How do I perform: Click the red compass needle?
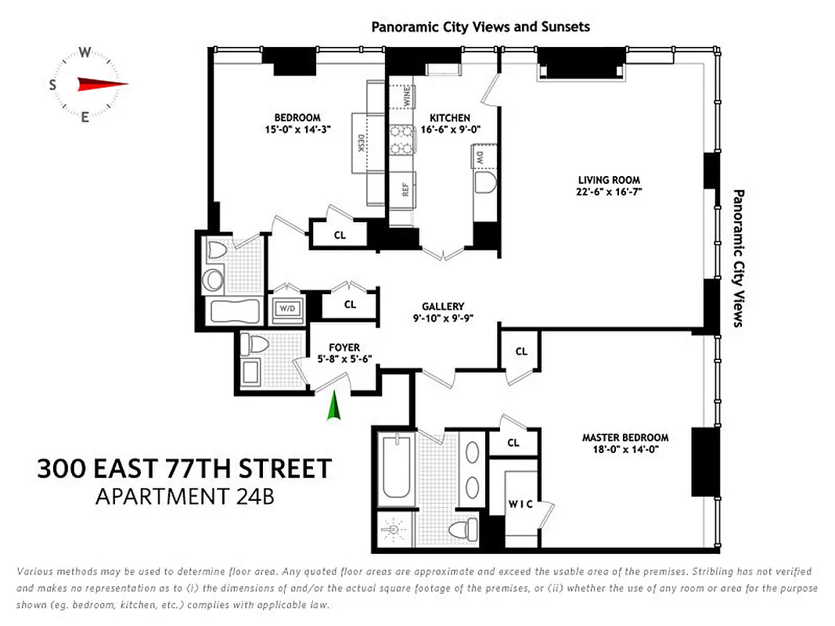coord(102,84)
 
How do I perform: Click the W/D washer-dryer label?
coord(287,308)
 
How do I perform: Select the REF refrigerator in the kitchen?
coord(405,189)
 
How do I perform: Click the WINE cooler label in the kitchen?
coord(406,97)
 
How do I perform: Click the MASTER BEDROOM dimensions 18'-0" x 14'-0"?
coord(624,449)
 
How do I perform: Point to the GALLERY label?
coord(443,307)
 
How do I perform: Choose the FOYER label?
coord(344,347)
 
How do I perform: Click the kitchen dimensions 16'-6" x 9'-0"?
coord(445,129)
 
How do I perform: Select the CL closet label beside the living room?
coord(521,351)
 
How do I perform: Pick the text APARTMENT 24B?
coord(185,496)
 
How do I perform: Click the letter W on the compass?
coord(85,53)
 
